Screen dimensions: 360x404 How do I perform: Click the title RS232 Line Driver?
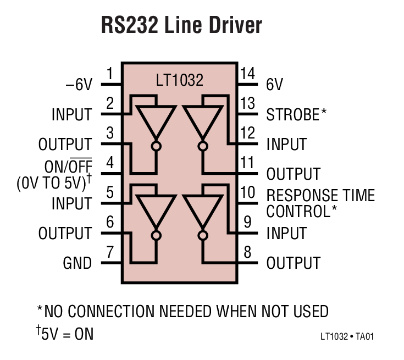(181, 26)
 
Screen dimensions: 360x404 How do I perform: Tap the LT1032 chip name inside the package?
(180, 81)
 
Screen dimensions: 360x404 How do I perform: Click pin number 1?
(110, 74)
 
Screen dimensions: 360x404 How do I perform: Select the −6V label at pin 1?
(79, 85)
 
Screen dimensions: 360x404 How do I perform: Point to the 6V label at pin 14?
(275, 85)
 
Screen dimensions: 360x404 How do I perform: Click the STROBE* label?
(296, 115)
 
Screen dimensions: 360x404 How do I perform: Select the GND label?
(77, 263)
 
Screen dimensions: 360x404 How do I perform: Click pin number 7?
(110, 252)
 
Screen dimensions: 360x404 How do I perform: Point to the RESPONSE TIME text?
(320, 196)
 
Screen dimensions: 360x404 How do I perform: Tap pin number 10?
(248, 192)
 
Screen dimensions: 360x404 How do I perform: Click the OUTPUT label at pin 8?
(293, 263)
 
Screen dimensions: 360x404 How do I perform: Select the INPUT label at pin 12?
(286, 145)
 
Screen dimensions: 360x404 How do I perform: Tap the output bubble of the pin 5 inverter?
(157, 235)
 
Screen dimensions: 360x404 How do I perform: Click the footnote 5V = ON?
(65, 334)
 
